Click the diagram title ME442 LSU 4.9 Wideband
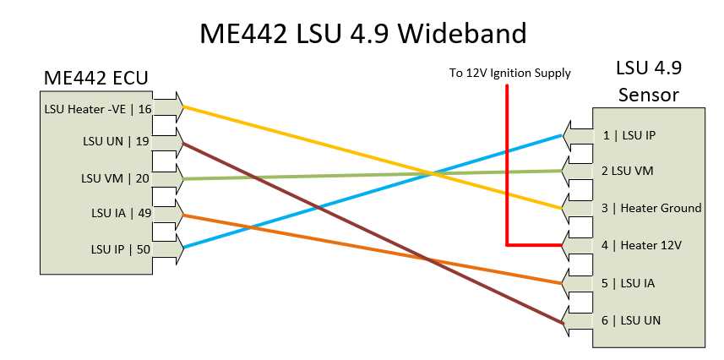tap(362, 34)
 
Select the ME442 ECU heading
tap(95, 78)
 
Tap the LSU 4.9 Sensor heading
tap(649, 81)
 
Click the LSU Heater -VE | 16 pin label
tap(97, 110)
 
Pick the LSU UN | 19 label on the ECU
tap(116, 141)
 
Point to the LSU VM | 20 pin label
tap(116, 178)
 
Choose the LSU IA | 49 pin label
tap(120, 213)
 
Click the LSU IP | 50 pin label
tap(120, 249)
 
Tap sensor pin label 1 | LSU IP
tap(629, 136)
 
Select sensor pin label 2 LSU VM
tap(627, 171)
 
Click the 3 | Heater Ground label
tap(651, 209)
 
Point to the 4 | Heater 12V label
tap(641, 245)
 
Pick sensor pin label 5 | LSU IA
tap(628, 283)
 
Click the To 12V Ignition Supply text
tap(509, 73)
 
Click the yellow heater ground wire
tap(373, 157)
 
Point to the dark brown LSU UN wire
tap(373, 234)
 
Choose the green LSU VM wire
tap(373, 175)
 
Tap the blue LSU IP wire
tap(373, 192)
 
